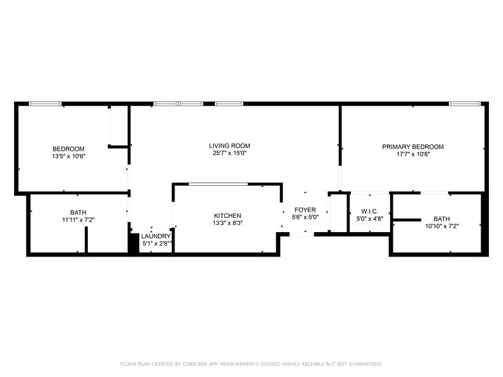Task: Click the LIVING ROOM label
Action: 229,146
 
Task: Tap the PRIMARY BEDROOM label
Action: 413,147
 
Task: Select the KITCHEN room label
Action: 228,215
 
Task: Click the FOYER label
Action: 305,210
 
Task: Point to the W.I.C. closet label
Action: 370,211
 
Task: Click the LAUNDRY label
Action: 156,236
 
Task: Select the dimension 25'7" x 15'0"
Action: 229,153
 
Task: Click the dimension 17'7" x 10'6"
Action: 413,155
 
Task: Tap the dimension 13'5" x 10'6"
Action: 69,156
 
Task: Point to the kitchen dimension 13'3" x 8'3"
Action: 228,223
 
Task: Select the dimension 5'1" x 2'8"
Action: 156,244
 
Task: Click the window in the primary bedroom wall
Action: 465,103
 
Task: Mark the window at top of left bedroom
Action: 46,103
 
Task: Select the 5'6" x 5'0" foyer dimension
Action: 305,217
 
